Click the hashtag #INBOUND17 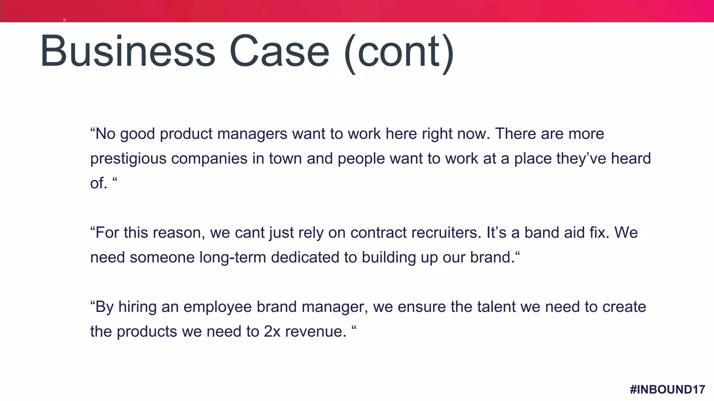click(x=667, y=389)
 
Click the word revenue click(x=316, y=331)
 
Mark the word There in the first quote click(x=515, y=134)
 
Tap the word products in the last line click(x=147, y=331)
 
